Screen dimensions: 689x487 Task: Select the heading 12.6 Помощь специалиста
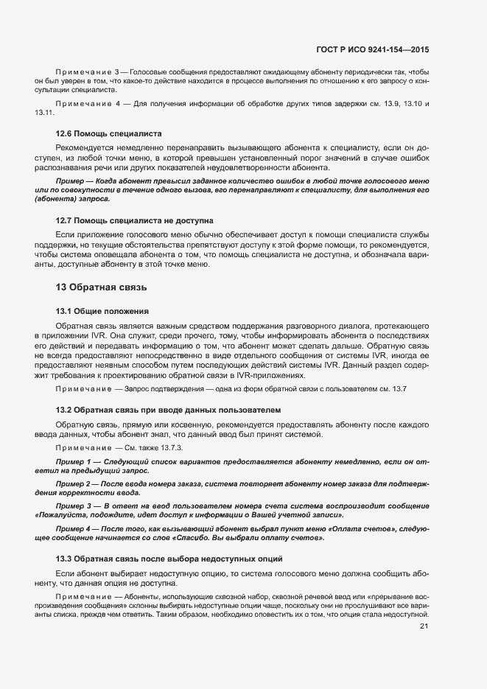pyautogui.click(x=109, y=133)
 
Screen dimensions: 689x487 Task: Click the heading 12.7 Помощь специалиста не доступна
pyautogui.click(x=134, y=220)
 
